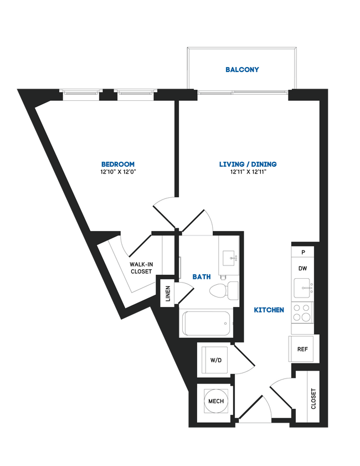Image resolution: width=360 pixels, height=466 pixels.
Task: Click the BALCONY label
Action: point(242,70)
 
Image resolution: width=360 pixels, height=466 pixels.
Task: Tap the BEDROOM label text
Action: point(118,164)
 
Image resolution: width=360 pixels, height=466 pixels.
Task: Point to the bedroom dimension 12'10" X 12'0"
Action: point(118,172)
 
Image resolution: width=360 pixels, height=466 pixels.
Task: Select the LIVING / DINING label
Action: point(248,164)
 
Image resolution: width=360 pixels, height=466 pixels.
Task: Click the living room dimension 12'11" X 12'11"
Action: point(248,172)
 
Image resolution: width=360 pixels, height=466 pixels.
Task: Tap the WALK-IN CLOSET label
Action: point(141,268)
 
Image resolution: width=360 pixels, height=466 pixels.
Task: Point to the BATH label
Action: point(201,276)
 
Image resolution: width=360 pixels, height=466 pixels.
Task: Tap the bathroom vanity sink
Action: point(229,258)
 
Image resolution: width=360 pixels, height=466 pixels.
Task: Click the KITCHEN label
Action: point(269,310)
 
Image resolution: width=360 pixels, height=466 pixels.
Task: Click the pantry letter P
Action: point(303,252)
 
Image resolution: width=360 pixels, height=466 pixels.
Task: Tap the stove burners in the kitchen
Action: point(302,313)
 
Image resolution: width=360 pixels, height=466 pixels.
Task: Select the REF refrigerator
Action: point(302,349)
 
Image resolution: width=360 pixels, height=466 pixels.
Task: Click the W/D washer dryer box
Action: point(215,360)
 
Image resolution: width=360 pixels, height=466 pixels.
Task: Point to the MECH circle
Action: point(215,401)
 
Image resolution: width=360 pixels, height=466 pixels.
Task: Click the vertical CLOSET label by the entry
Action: point(313,399)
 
